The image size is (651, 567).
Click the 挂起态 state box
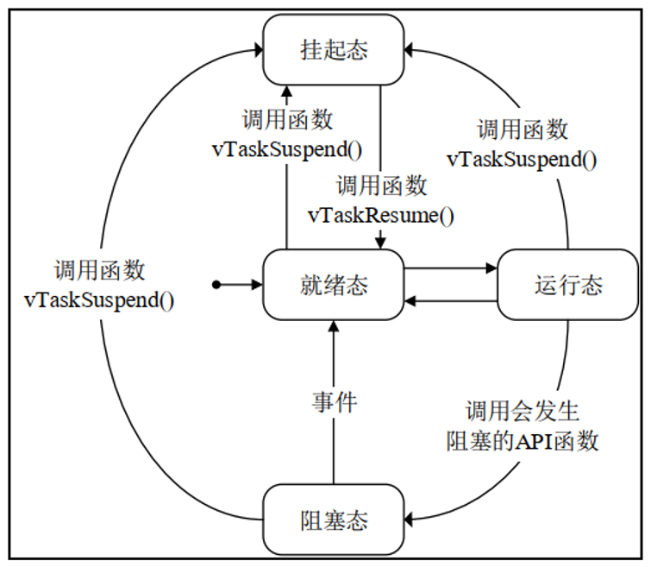point(334,49)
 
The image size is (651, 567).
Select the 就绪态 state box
point(334,285)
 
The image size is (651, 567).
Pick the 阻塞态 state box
point(334,520)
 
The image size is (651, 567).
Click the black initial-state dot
point(217,284)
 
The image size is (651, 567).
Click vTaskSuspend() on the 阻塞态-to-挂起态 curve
point(99,301)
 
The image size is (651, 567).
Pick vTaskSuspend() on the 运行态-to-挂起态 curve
point(523,159)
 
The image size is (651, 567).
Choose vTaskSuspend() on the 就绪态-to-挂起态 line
point(287,148)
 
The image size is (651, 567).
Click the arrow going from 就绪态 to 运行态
point(450,268)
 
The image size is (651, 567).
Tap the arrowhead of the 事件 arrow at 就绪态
point(334,324)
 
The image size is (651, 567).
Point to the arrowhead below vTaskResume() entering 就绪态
point(381,245)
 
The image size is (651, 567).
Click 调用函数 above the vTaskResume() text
point(381,186)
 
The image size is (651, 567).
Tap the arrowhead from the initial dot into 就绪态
point(256,284)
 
